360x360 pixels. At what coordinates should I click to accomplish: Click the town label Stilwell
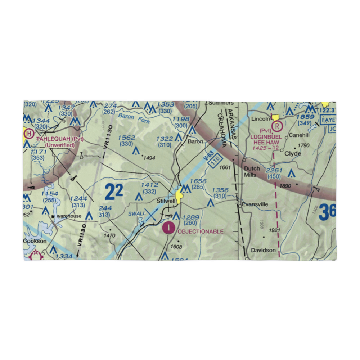point(166,201)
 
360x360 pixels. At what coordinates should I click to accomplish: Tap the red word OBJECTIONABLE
point(201,231)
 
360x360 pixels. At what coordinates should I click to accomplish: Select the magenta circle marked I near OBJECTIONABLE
point(168,228)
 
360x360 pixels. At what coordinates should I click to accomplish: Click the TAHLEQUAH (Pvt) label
point(60,139)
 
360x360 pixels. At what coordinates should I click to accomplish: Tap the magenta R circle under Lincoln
point(277,126)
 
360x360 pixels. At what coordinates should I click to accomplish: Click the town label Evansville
point(255,204)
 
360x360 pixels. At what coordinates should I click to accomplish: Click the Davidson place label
point(264,250)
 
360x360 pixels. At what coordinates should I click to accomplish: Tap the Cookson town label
point(35,241)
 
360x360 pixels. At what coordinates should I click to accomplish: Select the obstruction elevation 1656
point(198,181)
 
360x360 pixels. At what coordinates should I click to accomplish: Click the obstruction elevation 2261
point(274,170)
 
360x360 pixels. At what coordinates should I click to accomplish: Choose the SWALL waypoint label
point(136,214)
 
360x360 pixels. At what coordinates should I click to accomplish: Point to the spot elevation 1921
point(274,230)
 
